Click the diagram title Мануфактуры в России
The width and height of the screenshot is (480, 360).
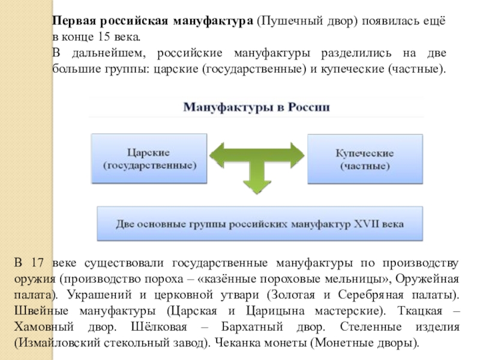[256, 109]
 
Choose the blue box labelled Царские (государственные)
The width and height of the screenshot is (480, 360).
[149, 158]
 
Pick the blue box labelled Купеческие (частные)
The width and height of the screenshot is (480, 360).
[364, 158]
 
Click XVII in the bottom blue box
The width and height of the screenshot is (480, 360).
[361, 224]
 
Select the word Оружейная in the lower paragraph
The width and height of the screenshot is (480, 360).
[432, 280]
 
